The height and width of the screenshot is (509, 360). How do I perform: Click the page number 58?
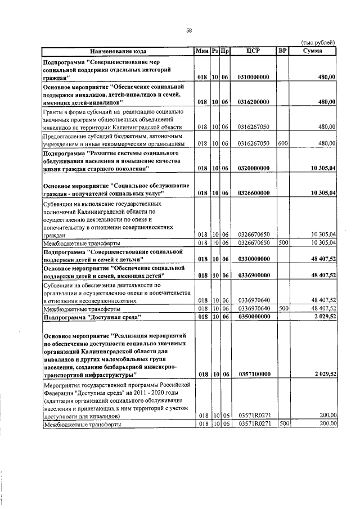point(189,30)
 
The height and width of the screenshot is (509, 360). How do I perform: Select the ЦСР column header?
point(253,51)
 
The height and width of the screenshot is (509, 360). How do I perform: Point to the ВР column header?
point(282,51)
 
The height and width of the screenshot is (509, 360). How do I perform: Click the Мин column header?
point(202,51)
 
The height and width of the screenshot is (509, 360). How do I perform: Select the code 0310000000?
point(253,77)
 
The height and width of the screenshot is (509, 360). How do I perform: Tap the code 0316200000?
point(253,102)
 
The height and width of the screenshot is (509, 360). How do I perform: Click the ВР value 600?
point(283,143)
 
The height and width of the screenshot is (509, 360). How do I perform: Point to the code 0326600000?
point(253,193)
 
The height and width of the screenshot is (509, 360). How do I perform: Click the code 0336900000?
point(253,276)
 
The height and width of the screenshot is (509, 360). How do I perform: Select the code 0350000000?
point(253,317)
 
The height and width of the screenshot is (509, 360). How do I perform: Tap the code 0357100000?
point(253,374)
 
